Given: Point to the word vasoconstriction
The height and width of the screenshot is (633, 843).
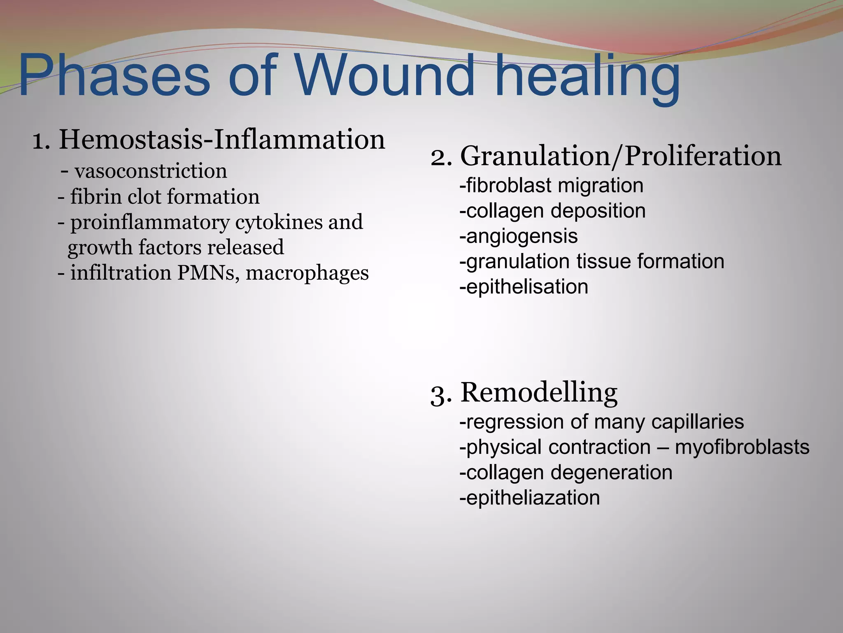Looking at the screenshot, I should point(151,171).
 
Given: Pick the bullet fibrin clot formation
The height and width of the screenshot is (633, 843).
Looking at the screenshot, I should point(165,196).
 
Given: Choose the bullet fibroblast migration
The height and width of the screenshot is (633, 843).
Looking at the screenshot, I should point(552,185).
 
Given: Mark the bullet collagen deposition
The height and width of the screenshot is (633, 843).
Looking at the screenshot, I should point(552,211).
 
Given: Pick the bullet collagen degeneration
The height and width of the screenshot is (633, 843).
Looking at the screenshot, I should point(566,472).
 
